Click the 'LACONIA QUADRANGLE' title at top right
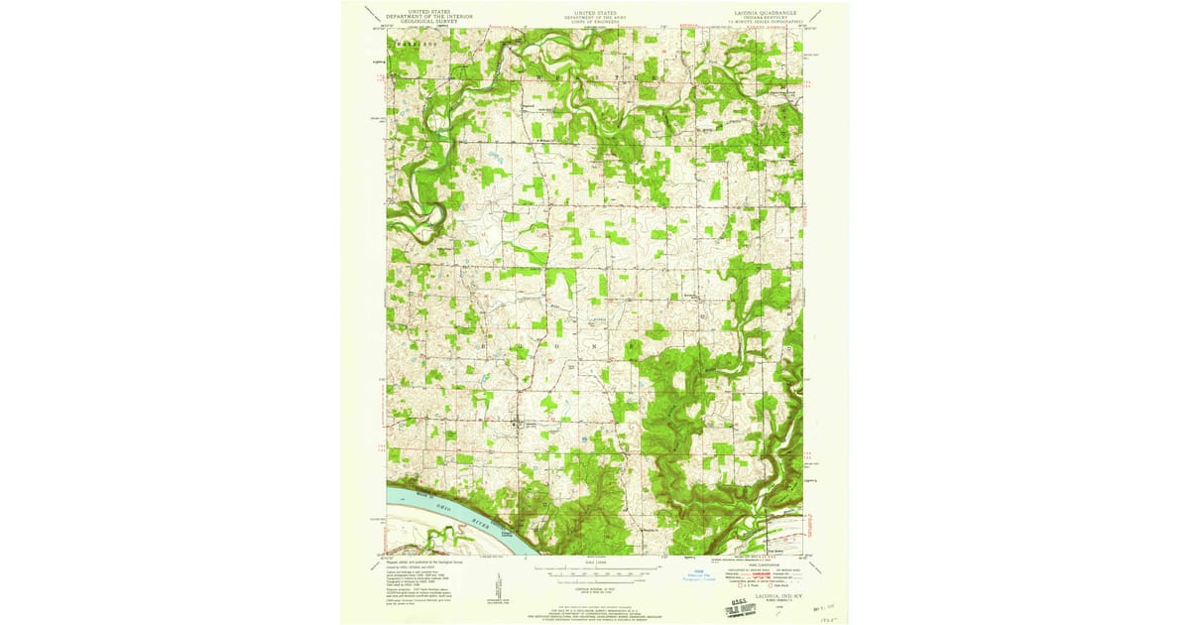click(x=762, y=13)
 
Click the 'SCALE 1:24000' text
click(x=595, y=563)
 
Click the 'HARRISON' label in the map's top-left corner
click(x=409, y=46)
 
